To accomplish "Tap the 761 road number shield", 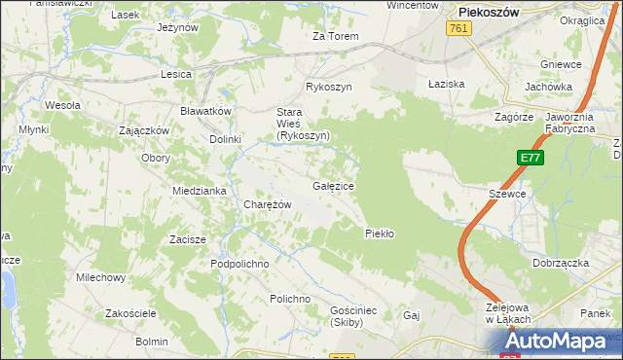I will (x=460, y=30).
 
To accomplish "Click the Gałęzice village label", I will (x=333, y=185).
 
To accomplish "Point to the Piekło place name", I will (x=378, y=233).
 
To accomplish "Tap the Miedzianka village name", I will (x=200, y=191).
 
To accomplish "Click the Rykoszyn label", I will (x=328, y=87).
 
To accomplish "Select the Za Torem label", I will (x=335, y=36).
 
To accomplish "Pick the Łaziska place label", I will (x=447, y=84).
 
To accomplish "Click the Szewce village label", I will (x=507, y=194).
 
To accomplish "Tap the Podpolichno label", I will (x=239, y=264).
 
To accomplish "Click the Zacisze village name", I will (x=187, y=239).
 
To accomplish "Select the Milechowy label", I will (x=101, y=277).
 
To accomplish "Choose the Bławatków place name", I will (x=205, y=111).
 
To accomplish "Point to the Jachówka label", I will (x=548, y=86).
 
